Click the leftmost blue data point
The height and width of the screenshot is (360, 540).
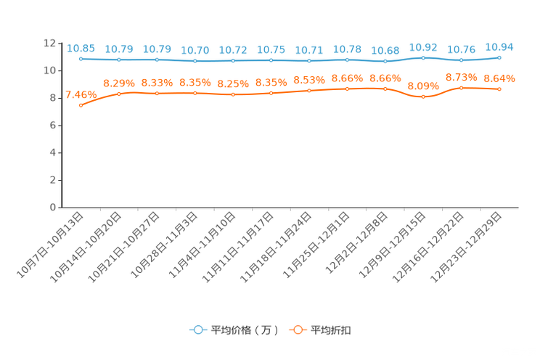coord(81,59)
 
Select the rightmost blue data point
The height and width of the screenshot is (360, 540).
coord(499,57)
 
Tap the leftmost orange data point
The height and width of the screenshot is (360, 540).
coord(81,106)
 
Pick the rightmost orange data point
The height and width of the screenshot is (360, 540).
coord(499,89)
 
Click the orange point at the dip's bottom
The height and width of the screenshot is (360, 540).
coord(423,97)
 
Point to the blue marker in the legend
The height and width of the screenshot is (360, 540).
coord(197,330)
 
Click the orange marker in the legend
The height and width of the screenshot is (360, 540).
coord(298,330)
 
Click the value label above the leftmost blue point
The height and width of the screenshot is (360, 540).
coord(81,48)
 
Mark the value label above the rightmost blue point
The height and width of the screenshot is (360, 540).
coord(499,46)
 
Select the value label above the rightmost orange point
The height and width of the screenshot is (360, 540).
coord(499,78)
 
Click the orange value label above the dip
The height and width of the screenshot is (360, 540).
coord(423,85)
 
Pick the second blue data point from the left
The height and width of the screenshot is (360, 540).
coord(118,60)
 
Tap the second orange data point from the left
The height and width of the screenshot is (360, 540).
coord(118,94)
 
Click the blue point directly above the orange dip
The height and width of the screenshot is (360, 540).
coord(423,58)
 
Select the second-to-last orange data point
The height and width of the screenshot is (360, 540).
coord(461,87)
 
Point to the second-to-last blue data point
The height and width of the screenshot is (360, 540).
coord(461,60)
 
